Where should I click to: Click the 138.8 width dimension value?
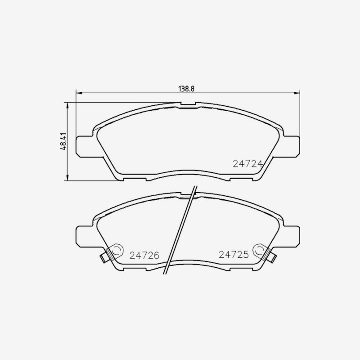(x=186, y=89)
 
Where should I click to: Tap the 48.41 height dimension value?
(x=63, y=141)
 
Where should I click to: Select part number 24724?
(x=247, y=164)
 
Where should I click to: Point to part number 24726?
(x=144, y=255)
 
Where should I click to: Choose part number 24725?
(x=234, y=255)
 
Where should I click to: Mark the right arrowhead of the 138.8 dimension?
(x=297, y=93)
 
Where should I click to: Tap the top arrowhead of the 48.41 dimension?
(x=67, y=106)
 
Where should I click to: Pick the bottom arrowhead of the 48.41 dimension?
(x=67, y=177)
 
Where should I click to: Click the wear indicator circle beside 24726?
(x=117, y=250)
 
